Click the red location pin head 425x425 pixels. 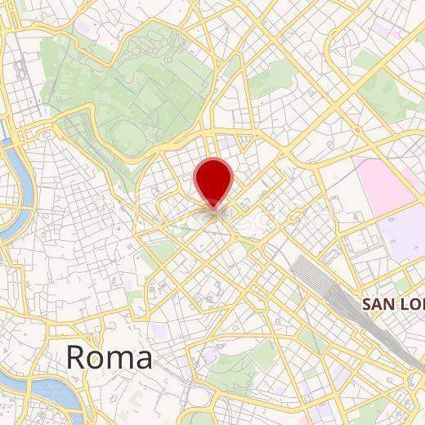coord(214,179)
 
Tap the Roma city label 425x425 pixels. coord(109,357)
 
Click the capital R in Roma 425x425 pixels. coord(76,357)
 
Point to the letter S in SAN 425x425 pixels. coord(368,304)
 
